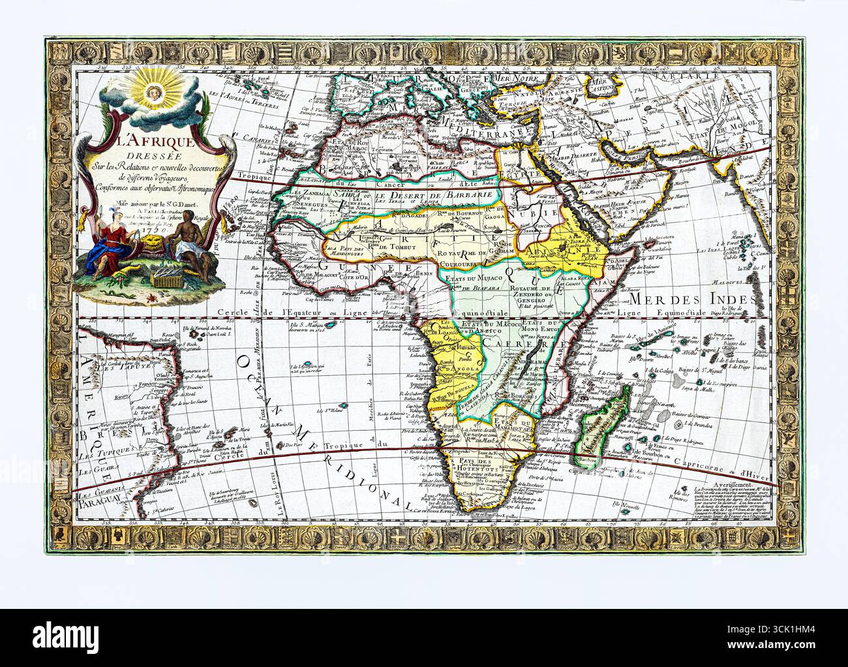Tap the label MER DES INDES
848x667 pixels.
coord(692,298)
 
